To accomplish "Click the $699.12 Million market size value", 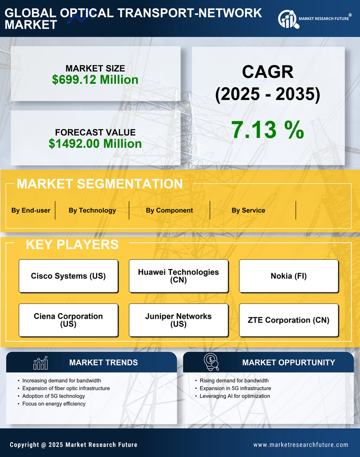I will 95,80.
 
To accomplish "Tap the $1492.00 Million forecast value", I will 95,144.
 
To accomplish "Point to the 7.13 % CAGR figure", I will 267,130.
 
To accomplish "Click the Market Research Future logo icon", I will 288,19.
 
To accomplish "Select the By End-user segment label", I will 31,210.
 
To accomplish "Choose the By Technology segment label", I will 92,210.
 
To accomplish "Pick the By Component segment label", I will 169,210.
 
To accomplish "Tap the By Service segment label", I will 248,210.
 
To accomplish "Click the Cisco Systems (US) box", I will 68,276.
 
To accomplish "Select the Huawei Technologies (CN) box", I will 178,276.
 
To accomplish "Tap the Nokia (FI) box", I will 289,276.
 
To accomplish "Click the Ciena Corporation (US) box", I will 68,320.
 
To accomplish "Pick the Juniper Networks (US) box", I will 178,320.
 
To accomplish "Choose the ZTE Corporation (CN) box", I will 289,320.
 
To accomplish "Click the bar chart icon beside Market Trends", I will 40,363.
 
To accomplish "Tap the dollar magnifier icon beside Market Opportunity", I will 211,362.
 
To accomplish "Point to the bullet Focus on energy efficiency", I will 54,404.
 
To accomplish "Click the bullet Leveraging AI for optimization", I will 235,396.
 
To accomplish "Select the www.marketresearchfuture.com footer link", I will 301,445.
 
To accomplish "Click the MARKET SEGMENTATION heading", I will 100,184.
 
